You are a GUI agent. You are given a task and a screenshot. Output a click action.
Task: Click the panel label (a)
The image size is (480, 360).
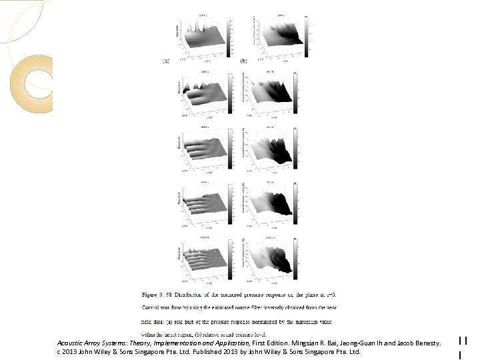(x=165, y=61)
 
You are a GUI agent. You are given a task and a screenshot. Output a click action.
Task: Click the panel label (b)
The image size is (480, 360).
(x=243, y=61)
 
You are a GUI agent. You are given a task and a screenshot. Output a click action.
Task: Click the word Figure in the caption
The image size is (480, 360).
(x=151, y=293)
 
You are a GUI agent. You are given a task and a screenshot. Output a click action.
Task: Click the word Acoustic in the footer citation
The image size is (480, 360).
(x=71, y=343)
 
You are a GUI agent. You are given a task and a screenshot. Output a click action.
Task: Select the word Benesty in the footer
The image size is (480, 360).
(x=424, y=343)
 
